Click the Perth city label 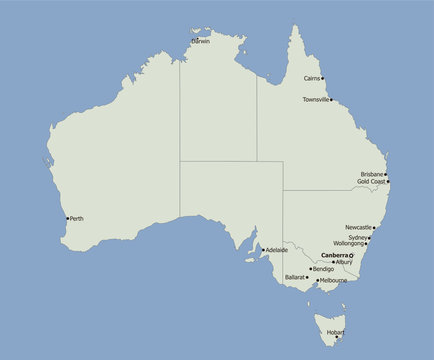click(77, 218)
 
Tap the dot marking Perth click(67, 218)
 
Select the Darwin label click(202, 42)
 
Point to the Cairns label click(312, 78)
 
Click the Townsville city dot click(332, 100)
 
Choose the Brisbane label click(373, 174)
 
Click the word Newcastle click(358, 227)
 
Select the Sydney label click(358, 237)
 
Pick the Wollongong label click(349, 243)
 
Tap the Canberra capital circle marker click(352, 255)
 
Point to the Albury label click(344, 262)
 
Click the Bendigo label click(323, 268)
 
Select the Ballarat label click(295, 275)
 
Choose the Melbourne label click(334, 281)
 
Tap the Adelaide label click(277, 249)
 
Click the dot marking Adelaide click(263, 249)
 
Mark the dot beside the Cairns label click(323, 78)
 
